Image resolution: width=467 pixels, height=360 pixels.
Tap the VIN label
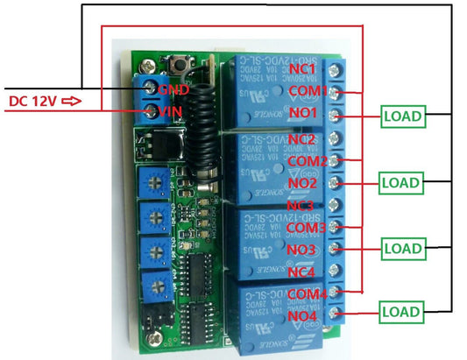point(172,111)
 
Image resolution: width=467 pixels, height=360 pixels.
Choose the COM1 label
point(308,91)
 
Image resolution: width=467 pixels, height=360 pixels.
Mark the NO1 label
point(301,114)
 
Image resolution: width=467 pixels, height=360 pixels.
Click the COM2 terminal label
point(308,161)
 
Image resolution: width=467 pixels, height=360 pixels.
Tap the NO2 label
point(301,184)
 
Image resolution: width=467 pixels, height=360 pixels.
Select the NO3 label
point(301,250)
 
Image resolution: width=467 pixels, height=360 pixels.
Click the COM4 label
point(308,293)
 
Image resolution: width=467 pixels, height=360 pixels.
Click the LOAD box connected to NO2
point(401,182)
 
